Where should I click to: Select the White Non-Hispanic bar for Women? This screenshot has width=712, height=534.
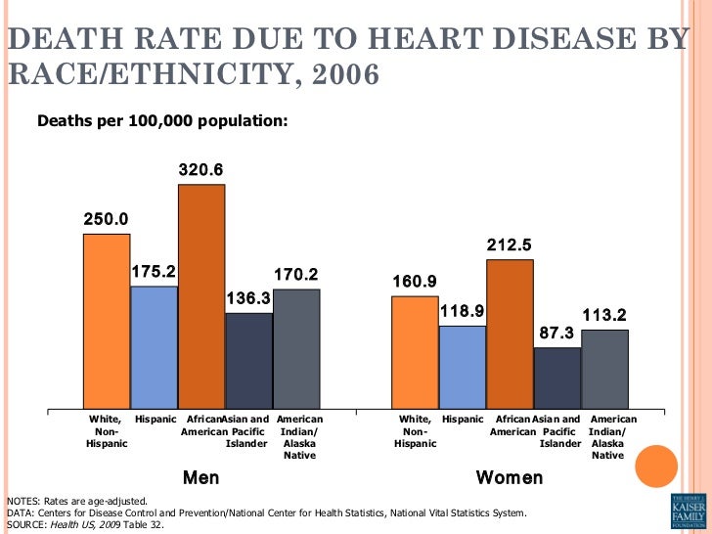415,352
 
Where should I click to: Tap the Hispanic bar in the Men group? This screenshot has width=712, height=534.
155,347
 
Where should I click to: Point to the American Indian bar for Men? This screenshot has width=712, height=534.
296,348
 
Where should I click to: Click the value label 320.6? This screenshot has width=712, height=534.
200,170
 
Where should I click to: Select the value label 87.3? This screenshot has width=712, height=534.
557,333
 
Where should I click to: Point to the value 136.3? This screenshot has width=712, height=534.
249,298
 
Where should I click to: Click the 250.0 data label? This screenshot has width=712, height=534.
106,219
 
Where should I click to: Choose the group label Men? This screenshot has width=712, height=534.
201,478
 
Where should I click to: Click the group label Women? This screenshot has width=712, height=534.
509,478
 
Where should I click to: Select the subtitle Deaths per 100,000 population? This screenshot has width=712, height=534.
162,121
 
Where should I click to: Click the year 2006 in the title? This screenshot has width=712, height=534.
338,73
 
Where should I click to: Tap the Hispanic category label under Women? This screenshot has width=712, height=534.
463,420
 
